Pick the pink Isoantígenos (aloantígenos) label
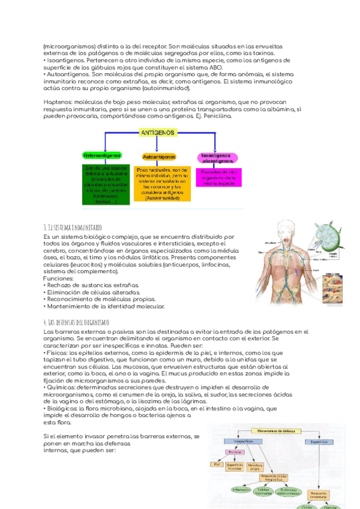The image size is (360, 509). coord(217,157)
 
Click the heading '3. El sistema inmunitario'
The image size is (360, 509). coord(73,227)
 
